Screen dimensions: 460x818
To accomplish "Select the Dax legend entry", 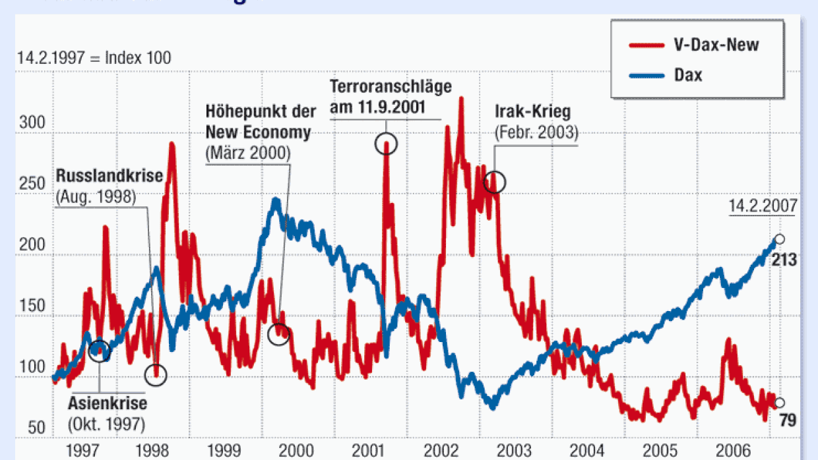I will [x=689, y=75].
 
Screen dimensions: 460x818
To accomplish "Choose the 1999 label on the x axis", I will [x=228, y=450].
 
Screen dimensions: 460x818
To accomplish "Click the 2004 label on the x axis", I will [x=586, y=450].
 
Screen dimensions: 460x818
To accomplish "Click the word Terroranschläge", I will [x=391, y=86].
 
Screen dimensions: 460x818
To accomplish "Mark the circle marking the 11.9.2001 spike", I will [x=386, y=143].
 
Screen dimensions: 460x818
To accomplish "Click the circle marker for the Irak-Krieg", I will [x=494, y=182].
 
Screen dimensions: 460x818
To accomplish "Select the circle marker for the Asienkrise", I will [x=99, y=351].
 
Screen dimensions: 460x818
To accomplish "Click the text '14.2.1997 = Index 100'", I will [x=94, y=58].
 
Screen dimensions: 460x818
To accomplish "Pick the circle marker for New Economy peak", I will [x=279, y=333].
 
